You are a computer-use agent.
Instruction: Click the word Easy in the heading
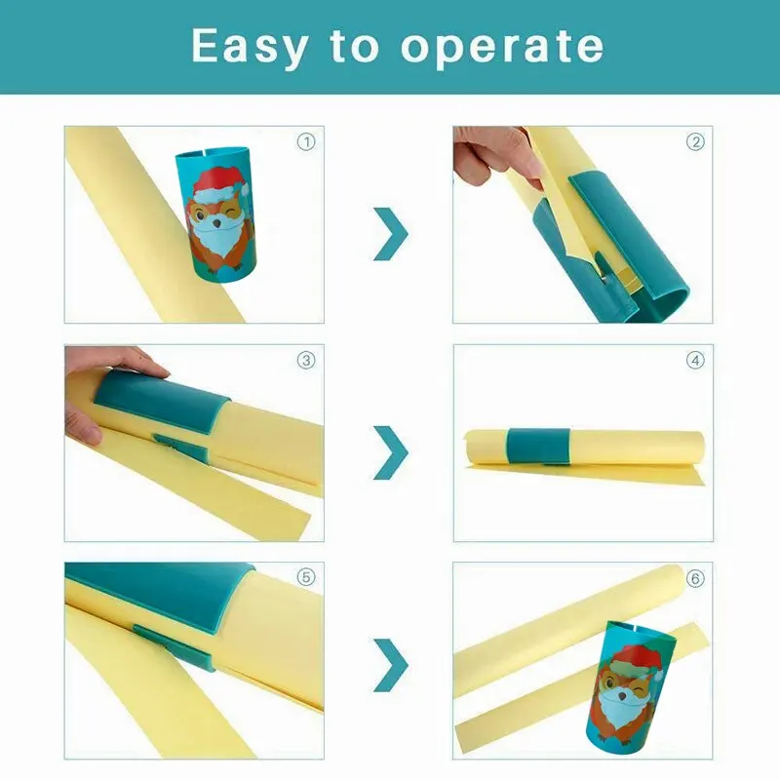(x=251, y=46)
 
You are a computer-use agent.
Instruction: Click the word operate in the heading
(x=502, y=46)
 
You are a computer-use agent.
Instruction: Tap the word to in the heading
(x=354, y=46)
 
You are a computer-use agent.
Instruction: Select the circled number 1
(x=306, y=142)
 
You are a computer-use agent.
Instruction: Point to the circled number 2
(x=695, y=142)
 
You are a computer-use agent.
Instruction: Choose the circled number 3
(x=306, y=360)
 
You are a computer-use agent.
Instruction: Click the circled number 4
(x=695, y=360)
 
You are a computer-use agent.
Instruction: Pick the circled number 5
(x=306, y=577)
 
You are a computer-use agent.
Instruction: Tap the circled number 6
(x=695, y=578)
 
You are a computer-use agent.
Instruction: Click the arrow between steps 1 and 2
(x=391, y=234)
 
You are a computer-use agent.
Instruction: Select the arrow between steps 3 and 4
(x=391, y=452)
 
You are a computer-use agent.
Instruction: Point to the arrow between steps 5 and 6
(x=391, y=665)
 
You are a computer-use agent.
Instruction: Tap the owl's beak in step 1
(x=216, y=223)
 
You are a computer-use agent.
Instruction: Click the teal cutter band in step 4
(x=538, y=447)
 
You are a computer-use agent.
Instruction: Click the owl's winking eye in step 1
(x=229, y=214)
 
